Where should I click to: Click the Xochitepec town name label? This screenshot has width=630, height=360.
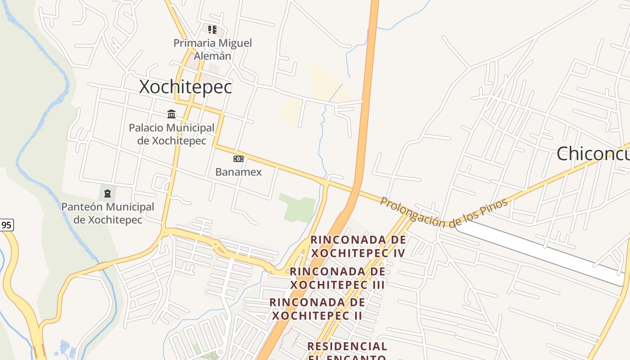point(185,86)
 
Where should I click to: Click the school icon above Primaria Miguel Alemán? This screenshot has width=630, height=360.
point(212,30)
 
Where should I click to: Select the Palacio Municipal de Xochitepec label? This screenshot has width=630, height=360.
point(171,134)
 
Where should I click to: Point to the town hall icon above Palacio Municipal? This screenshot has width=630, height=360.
point(171,114)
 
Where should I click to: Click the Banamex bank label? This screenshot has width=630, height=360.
point(238,172)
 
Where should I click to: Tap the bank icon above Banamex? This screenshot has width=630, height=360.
point(238,159)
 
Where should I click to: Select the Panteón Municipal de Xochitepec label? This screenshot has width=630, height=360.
point(108,213)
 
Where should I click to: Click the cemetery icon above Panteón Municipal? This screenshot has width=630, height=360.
point(107,193)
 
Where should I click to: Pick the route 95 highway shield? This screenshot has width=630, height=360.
point(6,225)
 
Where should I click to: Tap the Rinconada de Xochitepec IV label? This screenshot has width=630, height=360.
point(358,246)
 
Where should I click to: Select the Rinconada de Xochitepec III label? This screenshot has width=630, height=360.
point(337,278)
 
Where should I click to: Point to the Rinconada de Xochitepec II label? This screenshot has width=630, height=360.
point(317,309)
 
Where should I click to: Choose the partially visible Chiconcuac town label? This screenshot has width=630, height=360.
point(593,154)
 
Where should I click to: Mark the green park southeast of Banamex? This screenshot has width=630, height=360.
point(297,207)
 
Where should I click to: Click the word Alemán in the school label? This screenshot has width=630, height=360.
point(212,56)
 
